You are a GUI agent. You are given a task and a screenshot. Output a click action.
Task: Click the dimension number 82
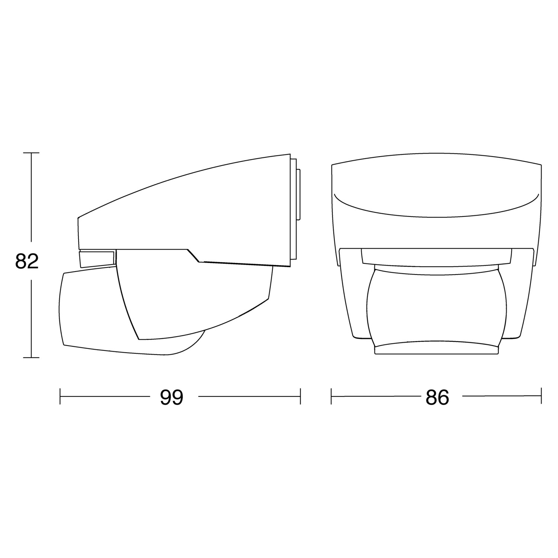point(27,262)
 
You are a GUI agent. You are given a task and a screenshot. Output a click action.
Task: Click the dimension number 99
point(172,397)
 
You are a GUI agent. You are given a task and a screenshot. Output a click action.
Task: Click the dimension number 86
point(437,397)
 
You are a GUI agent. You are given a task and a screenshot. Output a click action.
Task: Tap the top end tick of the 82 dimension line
point(31,153)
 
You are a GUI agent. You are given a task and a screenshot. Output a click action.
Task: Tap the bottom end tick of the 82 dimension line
point(31,357)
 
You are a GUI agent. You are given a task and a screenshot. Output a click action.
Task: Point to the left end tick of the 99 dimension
point(60,397)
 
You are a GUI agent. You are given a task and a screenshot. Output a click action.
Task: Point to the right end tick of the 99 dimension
point(300,397)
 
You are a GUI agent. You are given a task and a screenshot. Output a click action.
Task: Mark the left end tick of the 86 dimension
point(331,397)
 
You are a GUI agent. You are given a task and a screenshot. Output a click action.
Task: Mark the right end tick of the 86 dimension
point(541,397)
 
